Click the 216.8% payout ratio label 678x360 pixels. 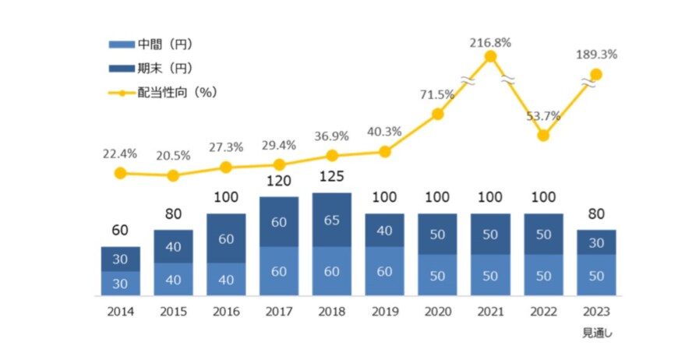(490, 43)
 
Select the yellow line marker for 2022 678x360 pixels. (543, 136)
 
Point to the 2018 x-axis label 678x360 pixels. (331, 312)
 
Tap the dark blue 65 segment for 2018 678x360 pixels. (332, 221)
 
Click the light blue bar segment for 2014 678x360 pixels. (120, 284)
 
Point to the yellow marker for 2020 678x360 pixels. (438, 114)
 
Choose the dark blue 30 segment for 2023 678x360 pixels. (596, 242)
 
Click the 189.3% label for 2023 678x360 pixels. (597, 55)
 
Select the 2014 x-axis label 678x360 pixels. (120, 312)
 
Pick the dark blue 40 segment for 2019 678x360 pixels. (385, 231)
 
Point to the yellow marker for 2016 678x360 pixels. (226, 168)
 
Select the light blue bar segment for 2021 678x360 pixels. (490, 275)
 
